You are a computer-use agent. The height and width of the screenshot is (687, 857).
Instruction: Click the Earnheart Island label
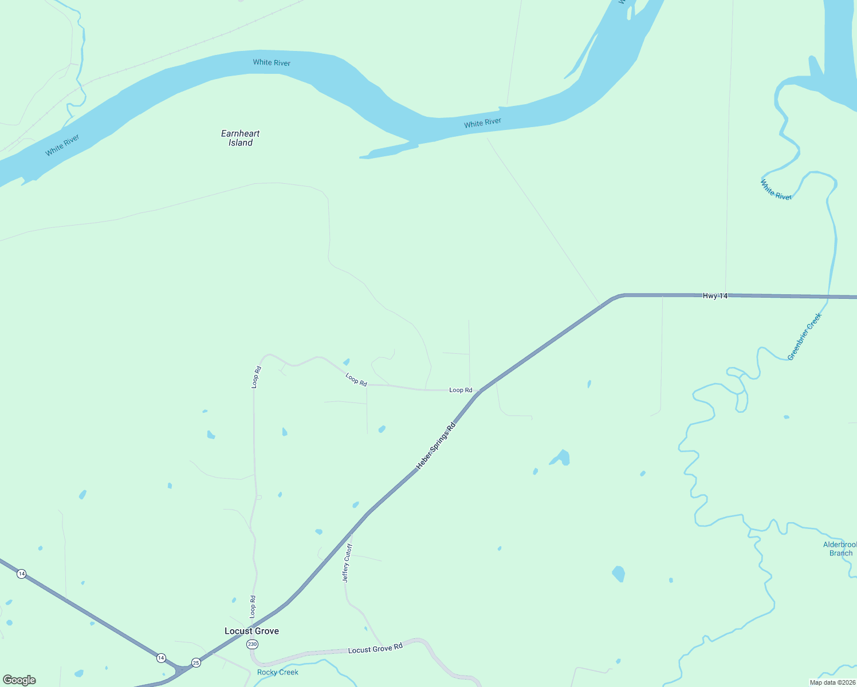coord(241,138)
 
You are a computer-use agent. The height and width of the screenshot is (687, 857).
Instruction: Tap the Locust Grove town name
coord(251,631)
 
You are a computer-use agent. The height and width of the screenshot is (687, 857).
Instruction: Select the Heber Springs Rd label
coord(436,446)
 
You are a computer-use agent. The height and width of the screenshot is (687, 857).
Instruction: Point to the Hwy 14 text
coord(715,296)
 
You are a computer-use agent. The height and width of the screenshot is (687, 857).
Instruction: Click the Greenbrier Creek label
coord(804,336)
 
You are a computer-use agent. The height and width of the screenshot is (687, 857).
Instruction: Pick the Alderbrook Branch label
coord(840,548)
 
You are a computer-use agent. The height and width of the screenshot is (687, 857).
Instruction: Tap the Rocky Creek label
coord(278,672)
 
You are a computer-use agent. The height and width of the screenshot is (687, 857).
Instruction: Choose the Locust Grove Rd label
coord(375,649)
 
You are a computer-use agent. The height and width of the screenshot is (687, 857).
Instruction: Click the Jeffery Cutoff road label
coord(347,563)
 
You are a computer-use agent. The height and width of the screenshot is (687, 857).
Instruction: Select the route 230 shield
coord(253,644)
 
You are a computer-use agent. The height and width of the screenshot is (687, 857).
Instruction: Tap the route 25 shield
coord(196,662)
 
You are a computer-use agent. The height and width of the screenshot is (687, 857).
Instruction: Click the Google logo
coord(19,680)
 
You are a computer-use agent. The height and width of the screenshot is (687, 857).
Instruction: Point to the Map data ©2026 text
coord(832,682)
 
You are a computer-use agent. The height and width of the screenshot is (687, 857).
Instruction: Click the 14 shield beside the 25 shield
coord(161,658)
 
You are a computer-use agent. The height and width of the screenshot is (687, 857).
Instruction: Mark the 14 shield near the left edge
coord(21,574)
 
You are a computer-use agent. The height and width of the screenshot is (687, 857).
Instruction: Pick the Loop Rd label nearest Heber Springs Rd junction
coord(461,390)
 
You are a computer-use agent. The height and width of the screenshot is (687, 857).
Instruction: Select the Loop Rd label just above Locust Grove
coord(253,606)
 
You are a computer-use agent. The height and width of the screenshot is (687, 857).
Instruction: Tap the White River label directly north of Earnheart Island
coord(272,62)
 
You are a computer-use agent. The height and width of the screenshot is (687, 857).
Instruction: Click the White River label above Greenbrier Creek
coord(776,189)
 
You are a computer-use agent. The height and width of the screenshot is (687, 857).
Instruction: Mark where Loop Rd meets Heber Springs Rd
coord(479,391)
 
